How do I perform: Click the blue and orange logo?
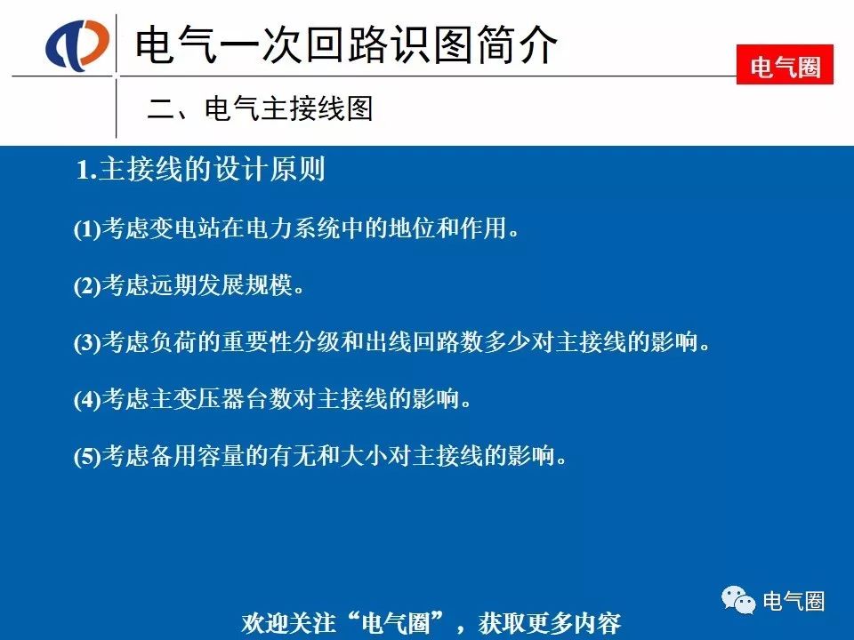coord(77,44)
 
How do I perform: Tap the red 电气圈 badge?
coord(785,65)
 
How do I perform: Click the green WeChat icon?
coord(738,600)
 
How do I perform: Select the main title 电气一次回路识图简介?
coord(346,44)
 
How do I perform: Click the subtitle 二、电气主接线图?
coord(260,108)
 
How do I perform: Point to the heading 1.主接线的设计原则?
coord(200,168)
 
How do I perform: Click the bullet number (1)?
coord(87,228)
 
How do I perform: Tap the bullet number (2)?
coord(87,285)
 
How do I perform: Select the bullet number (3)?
coord(87,342)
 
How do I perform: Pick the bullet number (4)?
coord(87,399)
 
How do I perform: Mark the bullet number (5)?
coord(87,456)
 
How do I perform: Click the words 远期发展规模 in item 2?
coord(222,284)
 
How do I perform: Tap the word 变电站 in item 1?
coord(185,228)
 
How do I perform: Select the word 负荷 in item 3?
coord(173,341)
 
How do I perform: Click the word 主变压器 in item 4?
coord(197,398)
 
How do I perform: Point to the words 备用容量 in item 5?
coord(197,455)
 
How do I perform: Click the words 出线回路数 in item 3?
coord(425,341)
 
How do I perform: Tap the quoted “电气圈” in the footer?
coord(396,622)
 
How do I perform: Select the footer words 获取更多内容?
coord(550,622)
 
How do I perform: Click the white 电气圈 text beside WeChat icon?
coord(794,601)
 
